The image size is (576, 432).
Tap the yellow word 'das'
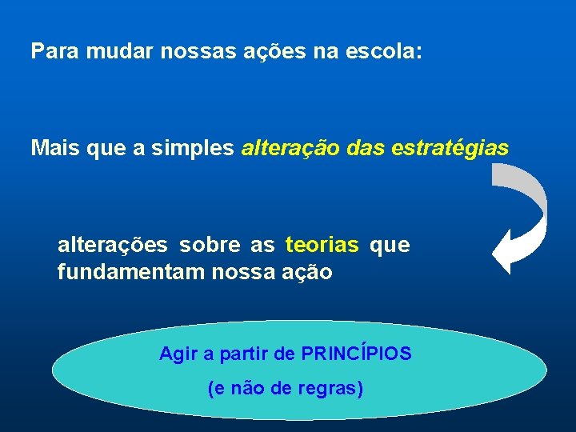[366, 148]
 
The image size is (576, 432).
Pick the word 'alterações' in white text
[113, 246]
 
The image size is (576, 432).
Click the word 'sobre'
[204, 245]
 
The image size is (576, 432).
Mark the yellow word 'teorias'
[322, 245]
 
